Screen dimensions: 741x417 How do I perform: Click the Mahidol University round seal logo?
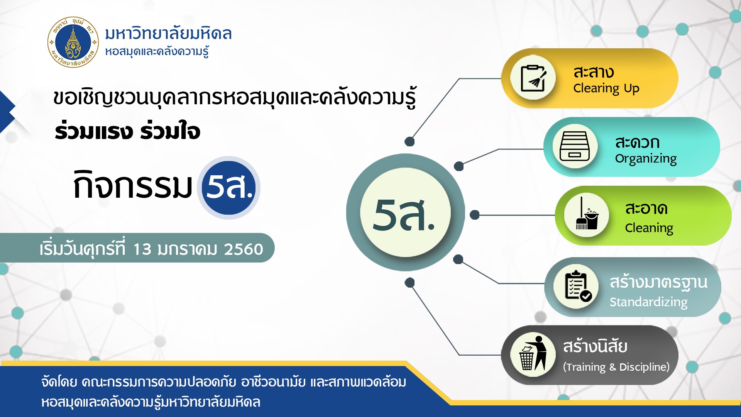73,42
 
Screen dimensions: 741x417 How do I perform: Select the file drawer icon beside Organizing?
575,146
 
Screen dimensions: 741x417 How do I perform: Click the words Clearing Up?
606,88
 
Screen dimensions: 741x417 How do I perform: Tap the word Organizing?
646,159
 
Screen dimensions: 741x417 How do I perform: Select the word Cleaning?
649,228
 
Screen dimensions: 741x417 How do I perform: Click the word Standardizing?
648,302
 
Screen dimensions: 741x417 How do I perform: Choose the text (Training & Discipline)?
616,367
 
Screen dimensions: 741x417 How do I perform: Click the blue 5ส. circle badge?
228,188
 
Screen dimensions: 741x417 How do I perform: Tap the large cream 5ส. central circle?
405,212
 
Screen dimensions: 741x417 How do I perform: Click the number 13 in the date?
142,249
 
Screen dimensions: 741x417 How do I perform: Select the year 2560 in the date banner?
244,249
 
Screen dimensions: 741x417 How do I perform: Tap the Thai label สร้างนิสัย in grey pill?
595,346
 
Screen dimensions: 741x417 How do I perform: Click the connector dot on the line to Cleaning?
475,215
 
